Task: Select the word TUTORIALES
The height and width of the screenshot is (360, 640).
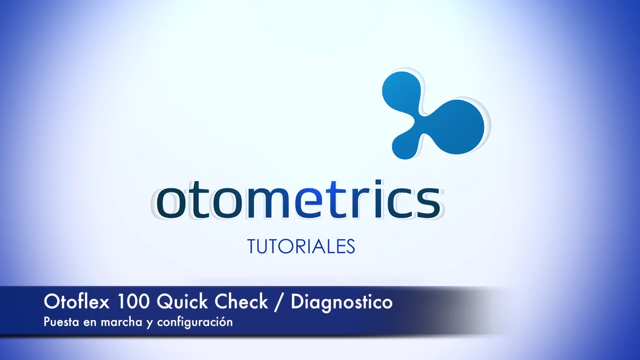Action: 301,247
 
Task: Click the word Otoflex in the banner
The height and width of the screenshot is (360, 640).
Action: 77,302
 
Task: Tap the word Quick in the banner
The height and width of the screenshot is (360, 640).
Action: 182,302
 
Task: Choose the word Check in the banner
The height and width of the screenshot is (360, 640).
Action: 241,302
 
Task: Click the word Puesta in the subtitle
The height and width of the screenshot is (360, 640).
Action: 61,322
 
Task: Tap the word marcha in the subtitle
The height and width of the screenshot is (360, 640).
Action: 121,322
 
